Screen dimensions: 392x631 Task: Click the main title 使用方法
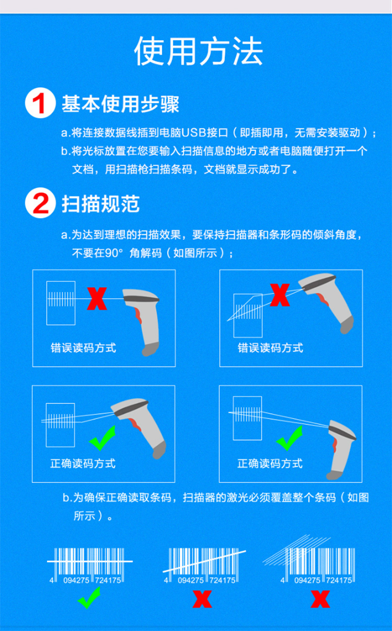point(199,51)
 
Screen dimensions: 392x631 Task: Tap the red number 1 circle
point(40,103)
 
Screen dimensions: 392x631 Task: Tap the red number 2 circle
point(40,202)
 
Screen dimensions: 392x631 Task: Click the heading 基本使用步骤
point(120,104)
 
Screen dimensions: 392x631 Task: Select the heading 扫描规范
point(101,204)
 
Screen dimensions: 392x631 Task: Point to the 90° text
point(114,253)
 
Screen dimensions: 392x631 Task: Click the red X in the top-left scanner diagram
point(97,299)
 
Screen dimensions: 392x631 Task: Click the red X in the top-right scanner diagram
point(280,295)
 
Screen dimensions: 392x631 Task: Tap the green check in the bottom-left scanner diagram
point(102,438)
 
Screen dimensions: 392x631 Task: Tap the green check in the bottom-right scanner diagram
point(290,438)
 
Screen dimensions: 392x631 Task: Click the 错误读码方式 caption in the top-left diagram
point(83,348)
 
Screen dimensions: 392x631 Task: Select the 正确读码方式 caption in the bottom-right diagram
point(270,464)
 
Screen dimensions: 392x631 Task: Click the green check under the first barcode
point(89,598)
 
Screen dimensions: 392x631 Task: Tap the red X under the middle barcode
point(202,599)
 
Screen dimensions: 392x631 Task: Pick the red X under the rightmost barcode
point(320,599)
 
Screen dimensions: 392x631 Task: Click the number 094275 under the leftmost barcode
point(76,580)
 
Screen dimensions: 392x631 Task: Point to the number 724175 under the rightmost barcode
point(339,580)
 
